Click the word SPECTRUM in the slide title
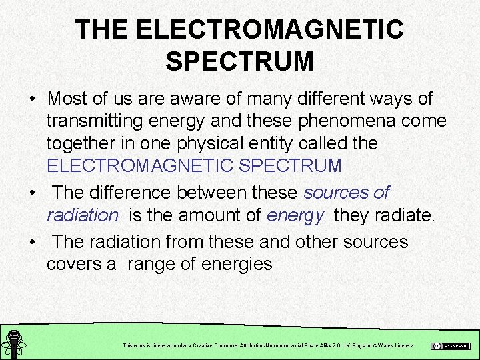click(239, 61)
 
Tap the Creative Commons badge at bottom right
click(450, 346)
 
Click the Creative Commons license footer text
click(268, 345)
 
